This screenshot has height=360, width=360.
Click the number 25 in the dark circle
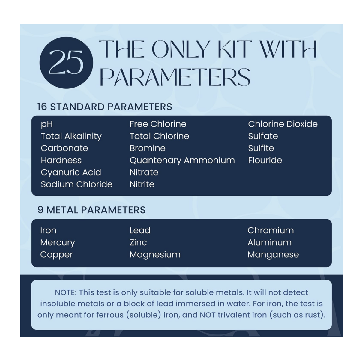66,62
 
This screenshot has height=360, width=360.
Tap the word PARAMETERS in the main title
175,77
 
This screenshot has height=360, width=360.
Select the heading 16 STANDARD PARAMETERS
105,107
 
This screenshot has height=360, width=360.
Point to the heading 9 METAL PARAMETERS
91,210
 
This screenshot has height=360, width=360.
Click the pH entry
47,124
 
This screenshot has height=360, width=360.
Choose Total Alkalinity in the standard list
71,136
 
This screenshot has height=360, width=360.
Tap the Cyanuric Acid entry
71,172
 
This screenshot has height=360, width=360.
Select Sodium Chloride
76,184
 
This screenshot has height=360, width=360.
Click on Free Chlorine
158,124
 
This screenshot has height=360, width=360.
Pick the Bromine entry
147,148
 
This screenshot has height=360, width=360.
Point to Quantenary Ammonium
182,160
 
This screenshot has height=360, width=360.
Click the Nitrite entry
142,184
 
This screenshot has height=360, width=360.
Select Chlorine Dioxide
283,124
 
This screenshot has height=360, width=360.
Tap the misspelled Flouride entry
265,160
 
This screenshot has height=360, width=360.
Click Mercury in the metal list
58,242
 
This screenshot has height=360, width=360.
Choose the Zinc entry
138,242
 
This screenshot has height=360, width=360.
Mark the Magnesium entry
155,255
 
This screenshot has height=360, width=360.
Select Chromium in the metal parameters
271,230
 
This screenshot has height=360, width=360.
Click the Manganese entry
273,255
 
